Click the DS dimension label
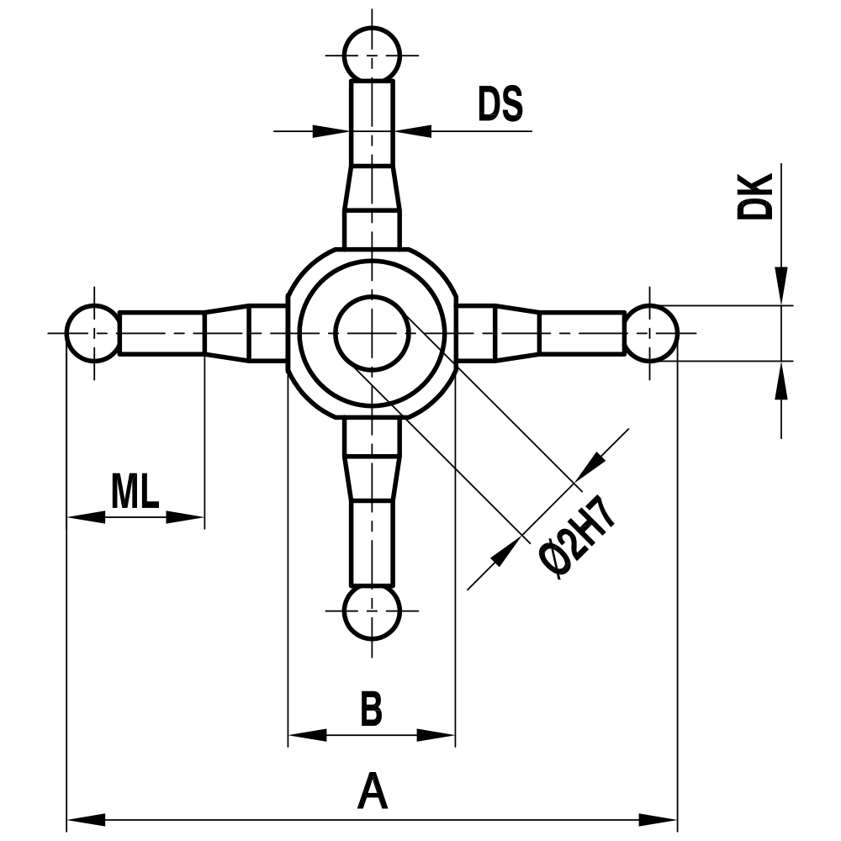point(500,103)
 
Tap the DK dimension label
point(755,197)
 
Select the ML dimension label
point(135,492)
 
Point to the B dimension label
point(371,710)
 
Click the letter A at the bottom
point(372,792)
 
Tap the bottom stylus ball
point(372,611)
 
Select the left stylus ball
point(93,333)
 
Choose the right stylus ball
point(651,333)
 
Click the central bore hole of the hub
point(372,333)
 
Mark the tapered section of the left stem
point(226,333)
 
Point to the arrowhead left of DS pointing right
point(332,130)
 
